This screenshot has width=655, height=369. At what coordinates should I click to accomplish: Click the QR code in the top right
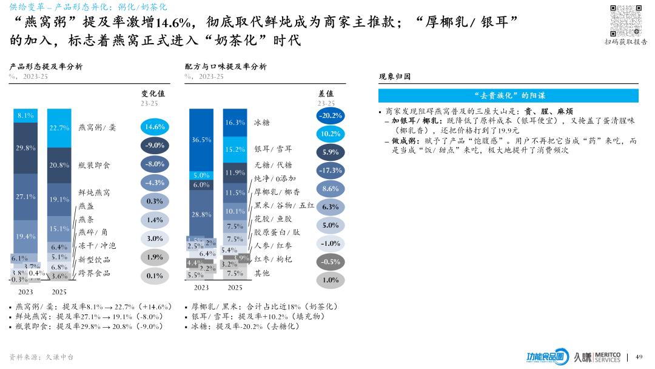click(625, 20)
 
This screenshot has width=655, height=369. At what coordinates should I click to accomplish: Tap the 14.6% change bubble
click(155, 127)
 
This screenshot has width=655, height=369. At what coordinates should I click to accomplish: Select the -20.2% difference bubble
click(330, 115)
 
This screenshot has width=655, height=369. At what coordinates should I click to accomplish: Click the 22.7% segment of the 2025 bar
click(59, 127)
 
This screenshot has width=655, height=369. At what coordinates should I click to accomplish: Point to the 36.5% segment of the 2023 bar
click(201, 140)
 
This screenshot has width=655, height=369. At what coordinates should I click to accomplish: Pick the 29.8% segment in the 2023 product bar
click(25, 147)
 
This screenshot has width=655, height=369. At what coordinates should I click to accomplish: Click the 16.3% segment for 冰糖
click(235, 123)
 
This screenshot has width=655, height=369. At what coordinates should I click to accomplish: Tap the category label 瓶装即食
click(94, 165)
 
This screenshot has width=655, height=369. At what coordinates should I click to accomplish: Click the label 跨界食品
click(95, 274)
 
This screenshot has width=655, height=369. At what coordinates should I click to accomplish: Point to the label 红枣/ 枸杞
click(273, 260)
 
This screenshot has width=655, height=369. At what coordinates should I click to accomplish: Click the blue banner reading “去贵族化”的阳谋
click(508, 95)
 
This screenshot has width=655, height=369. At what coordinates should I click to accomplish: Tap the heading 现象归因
click(395, 77)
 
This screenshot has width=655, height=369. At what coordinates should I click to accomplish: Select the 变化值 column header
click(153, 94)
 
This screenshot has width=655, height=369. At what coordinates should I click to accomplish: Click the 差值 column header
click(326, 94)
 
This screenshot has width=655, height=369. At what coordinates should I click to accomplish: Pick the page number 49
click(639, 357)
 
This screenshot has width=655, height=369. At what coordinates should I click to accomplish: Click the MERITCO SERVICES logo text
click(608, 357)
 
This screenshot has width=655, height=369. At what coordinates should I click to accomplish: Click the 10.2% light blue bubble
click(330, 134)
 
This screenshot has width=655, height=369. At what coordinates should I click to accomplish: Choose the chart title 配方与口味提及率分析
click(226, 67)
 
